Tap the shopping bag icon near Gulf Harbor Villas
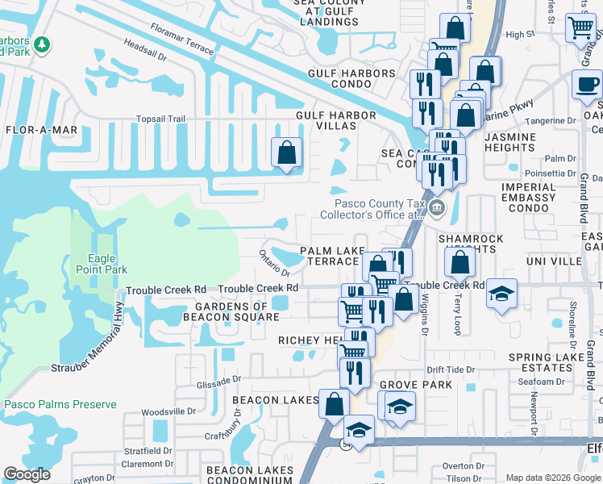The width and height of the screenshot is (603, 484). [x=286, y=152]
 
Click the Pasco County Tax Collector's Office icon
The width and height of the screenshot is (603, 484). [x=436, y=208]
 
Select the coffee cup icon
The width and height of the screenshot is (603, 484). [x=586, y=83]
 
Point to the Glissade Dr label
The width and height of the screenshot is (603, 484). [x=218, y=378]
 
